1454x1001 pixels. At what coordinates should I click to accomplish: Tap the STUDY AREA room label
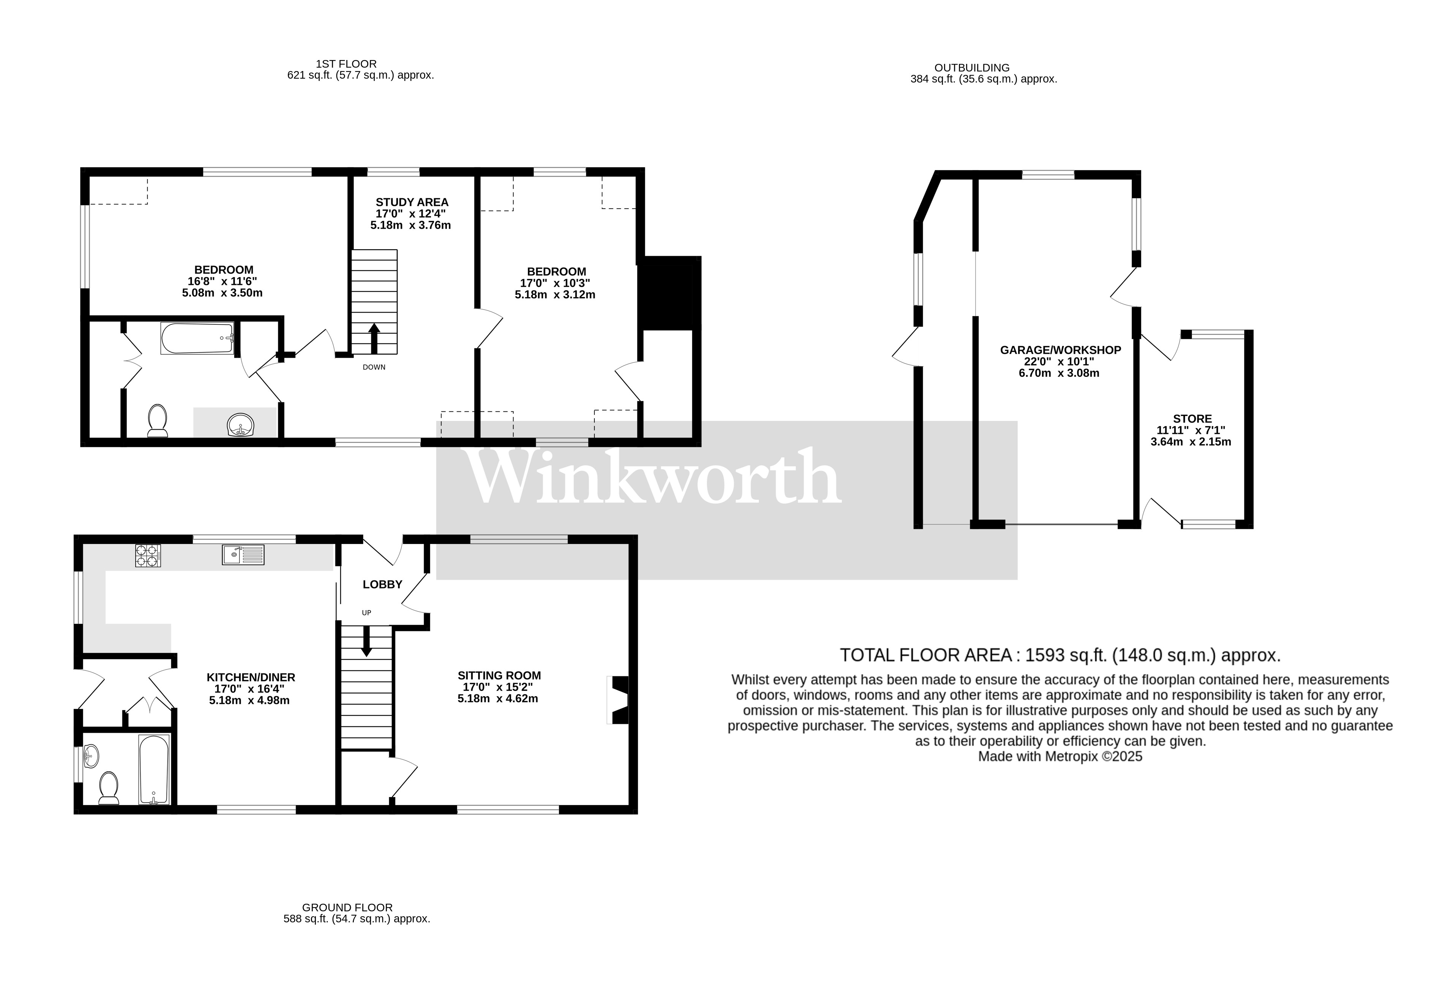(x=412, y=202)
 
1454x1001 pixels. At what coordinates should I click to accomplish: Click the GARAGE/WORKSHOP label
(x=1060, y=350)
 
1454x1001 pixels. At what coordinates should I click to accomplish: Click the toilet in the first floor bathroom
(x=157, y=420)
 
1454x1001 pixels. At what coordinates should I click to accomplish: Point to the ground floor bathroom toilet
(x=109, y=788)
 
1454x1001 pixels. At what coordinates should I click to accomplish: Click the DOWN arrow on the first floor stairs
(x=374, y=339)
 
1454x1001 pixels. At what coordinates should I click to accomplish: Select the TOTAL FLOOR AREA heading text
(x=1060, y=655)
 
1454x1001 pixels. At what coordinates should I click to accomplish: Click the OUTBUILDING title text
(x=972, y=68)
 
